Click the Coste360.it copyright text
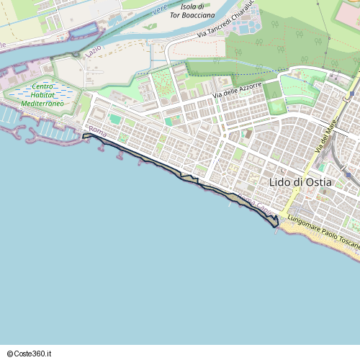click(30, 354)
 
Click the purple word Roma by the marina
click(98, 134)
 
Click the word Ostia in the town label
click(319, 182)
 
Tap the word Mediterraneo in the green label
click(42, 104)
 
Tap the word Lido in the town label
click(279, 182)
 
